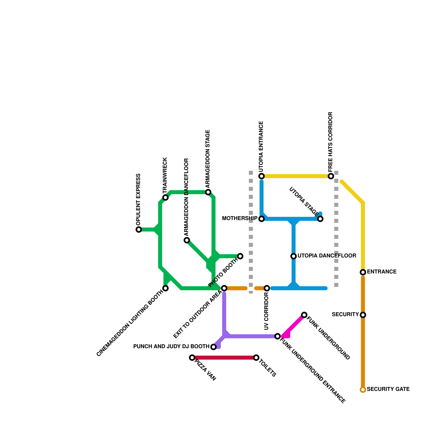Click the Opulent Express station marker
tap(139, 230)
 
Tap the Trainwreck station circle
tap(165, 197)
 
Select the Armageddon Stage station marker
tap(208, 192)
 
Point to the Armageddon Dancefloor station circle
tap(187, 240)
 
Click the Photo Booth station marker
tap(240, 256)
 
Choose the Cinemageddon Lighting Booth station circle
tap(165, 288)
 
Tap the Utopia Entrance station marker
tap(262, 176)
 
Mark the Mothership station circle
tap(262, 219)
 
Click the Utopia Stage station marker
tap(320, 219)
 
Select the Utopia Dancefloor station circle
tap(294, 256)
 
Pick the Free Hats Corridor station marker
tap(331, 176)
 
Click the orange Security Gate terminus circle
tap(363, 390)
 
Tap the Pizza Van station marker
tap(192, 358)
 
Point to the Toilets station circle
tap(256, 358)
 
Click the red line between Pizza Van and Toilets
tap(224, 358)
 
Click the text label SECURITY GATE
tap(388, 389)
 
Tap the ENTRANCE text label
tap(382, 272)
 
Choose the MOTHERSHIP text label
tap(240, 219)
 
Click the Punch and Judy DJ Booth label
tap(171, 347)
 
